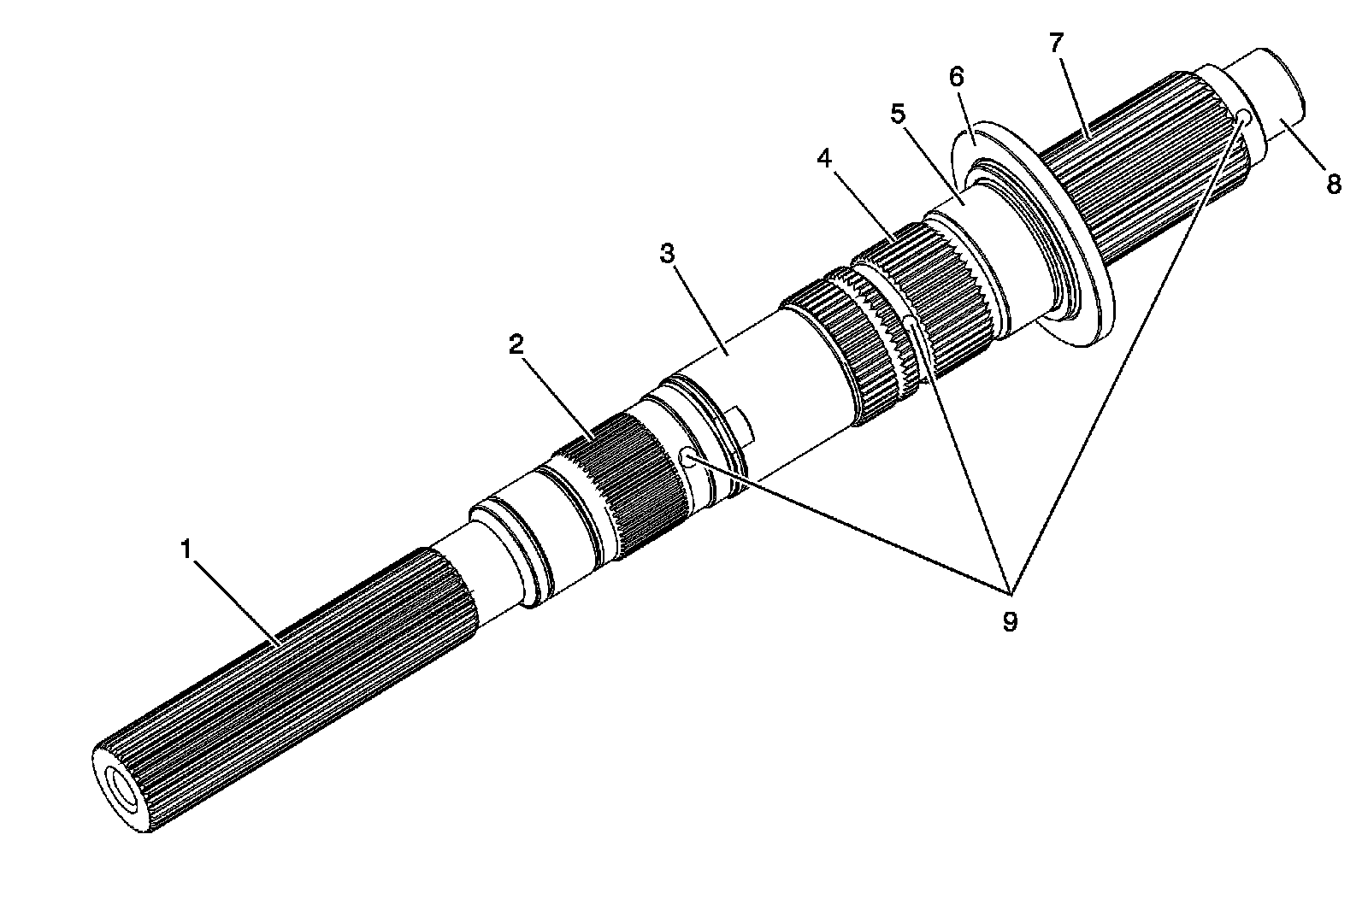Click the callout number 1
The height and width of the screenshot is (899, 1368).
pyautogui.click(x=186, y=549)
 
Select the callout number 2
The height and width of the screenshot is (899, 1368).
pyautogui.click(x=515, y=344)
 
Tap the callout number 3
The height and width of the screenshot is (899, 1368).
pyautogui.click(x=668, y=254)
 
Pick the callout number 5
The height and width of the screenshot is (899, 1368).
pyautogui.click(x=898, y=115)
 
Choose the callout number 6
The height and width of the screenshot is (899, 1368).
pyautogui.click(x=956, y=77)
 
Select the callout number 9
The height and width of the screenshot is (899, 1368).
pyautogui.click(x=1010, y=621)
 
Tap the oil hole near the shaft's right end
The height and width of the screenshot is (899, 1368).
pyautogui.click(x=1243, y=116)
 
